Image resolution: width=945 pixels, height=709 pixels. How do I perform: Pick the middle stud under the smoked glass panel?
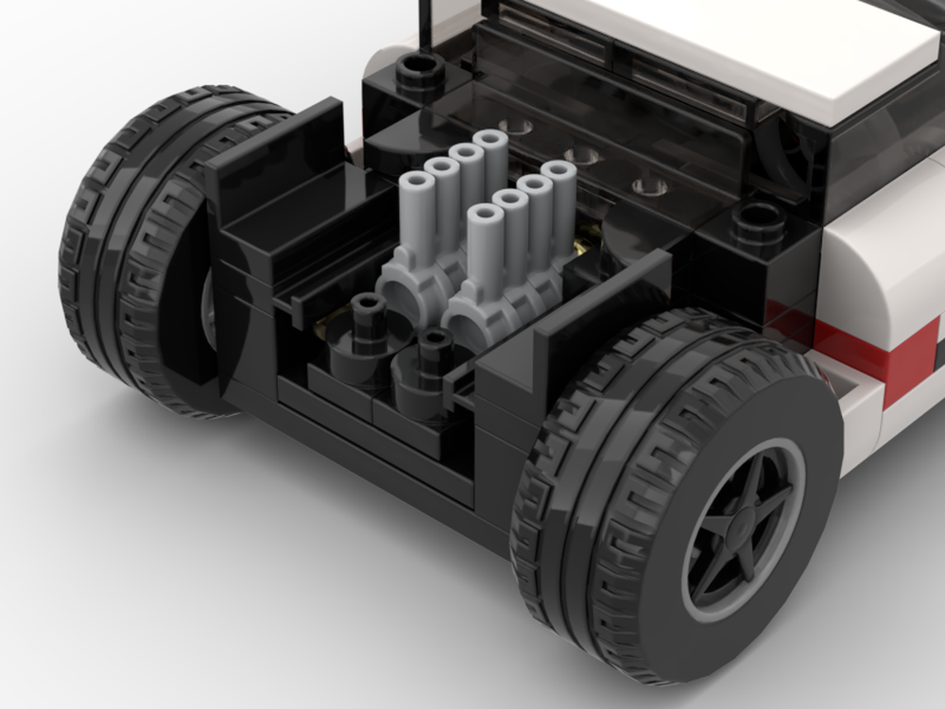[x=583, y=156]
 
